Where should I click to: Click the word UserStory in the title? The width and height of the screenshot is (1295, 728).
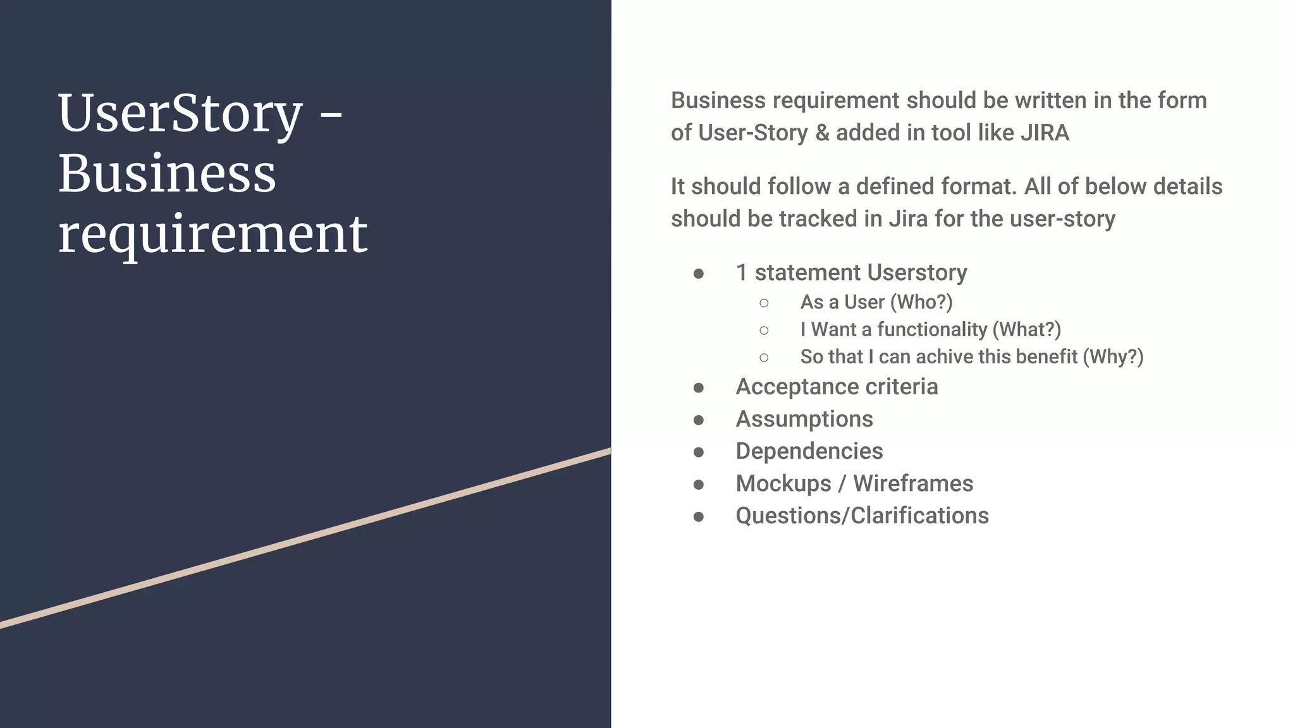[180, 114]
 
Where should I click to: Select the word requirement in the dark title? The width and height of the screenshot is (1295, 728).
[212, 234]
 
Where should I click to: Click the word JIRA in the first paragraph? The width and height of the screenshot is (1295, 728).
[1045, 133]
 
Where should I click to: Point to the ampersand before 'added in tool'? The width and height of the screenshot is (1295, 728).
[822, 133]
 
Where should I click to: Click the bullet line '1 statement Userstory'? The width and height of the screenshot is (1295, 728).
[851, 272]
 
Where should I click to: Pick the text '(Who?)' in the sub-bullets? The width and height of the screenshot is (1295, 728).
[921, 302]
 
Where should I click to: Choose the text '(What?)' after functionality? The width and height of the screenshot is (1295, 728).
[1027, 329]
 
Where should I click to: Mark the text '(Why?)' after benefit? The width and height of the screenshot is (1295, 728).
[1113, 356]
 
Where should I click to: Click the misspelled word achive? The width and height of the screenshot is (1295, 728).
[945, 356]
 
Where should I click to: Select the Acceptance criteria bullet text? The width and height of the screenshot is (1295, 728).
[837, 387]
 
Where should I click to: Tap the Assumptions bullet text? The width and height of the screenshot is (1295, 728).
[804, 419]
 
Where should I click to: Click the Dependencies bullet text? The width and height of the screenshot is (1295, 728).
[809, 451]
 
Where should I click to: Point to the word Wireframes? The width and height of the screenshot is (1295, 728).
[913, 483]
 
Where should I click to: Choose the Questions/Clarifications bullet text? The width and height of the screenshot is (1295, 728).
[862, 516]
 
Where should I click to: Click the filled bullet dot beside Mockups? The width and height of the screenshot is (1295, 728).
[699, 485]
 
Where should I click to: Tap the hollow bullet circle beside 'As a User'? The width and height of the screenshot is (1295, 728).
[764, 303]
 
